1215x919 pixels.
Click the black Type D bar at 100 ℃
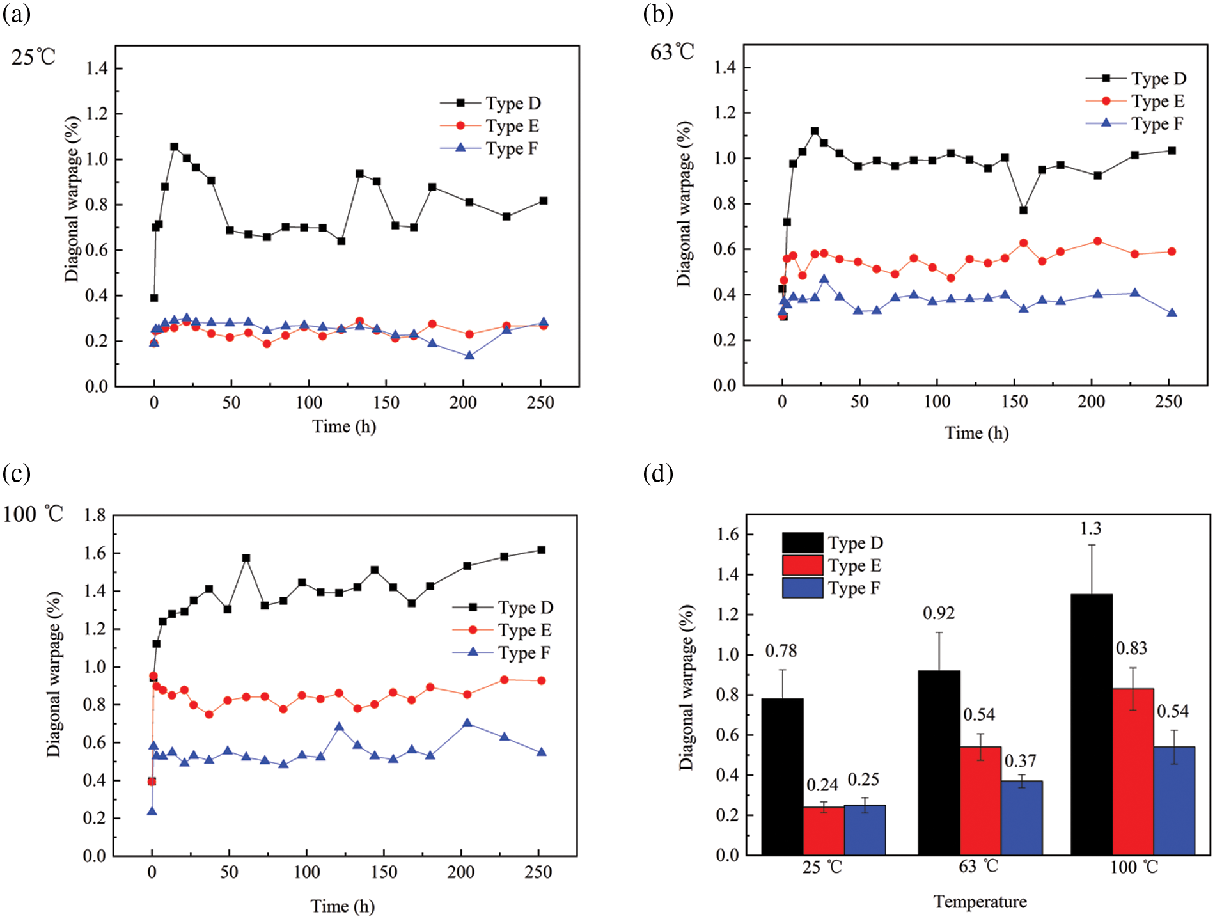[1091, 725]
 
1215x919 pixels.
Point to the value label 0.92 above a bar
[938, 613]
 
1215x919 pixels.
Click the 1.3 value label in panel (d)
[1090, 529]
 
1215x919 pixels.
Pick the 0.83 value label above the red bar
[1131, 648]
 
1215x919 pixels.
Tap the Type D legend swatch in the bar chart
[803, 543]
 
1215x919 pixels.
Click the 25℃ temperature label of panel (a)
[33, 58]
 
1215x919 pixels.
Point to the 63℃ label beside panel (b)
[672, 52]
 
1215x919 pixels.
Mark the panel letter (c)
[17, 474]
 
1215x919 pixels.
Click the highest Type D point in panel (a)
[174, 146]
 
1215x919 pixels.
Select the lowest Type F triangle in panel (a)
[469, 355]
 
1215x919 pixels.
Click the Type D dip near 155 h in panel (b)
[1023, 210]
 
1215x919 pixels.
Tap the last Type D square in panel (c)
[541, 550]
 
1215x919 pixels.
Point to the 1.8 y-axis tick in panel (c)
[95, 515]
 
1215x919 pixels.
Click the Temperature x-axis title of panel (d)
[980, 902]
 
